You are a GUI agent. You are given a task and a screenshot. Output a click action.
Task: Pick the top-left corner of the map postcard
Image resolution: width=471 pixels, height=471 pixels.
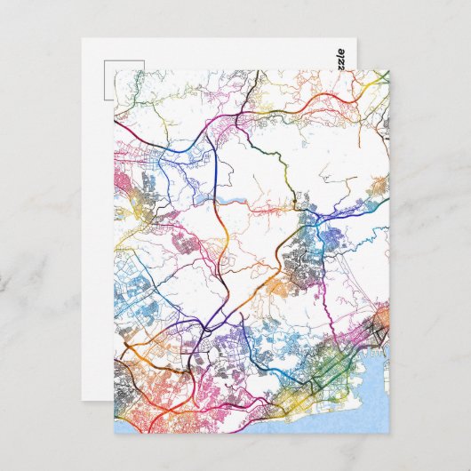(115, 71)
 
